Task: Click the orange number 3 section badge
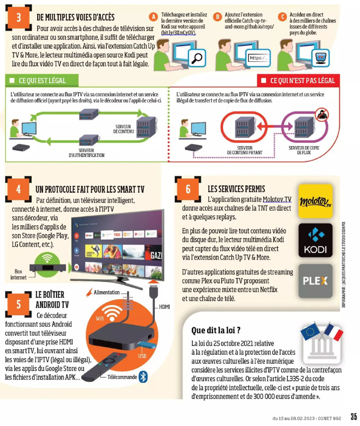(x=18, y=17)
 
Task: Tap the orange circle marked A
(x=153, y=17)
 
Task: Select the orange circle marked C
(x=282, y=17)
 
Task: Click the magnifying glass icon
(x=197, y=57)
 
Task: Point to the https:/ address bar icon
(x=258, y=58)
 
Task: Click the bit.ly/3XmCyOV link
(x=179, y=33)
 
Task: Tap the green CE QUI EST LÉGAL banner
(x=42, y=80)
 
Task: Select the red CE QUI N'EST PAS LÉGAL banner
(x=299, y=80)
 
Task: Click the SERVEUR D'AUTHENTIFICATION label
(x=86, y=153)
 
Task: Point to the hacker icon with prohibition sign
(x=322, y=114)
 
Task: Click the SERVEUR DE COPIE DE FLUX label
(x=303, y=150)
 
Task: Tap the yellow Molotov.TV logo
(x=315, y=201)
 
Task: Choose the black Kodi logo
(x=315, y=240)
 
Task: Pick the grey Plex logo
(x=315, y=281)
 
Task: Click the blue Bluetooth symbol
(x=143, y=377)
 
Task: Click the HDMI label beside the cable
(x=164, y=307)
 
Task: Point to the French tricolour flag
(x=334, y=331)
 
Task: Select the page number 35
(x=354, y=417)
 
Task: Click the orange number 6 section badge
(x=188, y=189)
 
